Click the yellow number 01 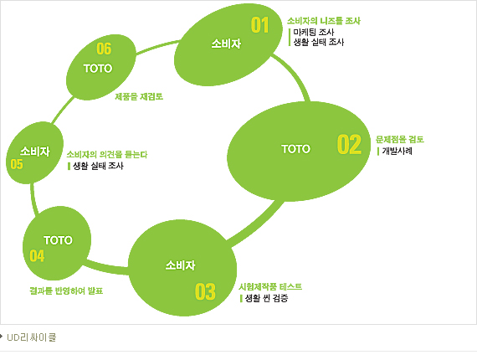click(259, 25)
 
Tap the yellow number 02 click(349, 144)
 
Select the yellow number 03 click(205, 291)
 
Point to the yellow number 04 click(37, 255)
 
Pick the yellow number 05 click(17, 164)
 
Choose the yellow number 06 click(104, 49)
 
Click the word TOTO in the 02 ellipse click(295, 149)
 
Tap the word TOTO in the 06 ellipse click(98, 68)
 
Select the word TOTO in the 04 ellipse click(58, 240)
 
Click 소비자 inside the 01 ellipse click(226, 44)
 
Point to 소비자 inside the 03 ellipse click(181, 265)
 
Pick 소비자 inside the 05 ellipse click(35, 152)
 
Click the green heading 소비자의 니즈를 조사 click(324, 21)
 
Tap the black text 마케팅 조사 click(314, 32)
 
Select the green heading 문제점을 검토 click(400, 139)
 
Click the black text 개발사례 click(397, 151)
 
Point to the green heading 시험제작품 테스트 click(270, 286)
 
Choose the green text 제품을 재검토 click(139, 96)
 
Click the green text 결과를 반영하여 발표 click(66, 291)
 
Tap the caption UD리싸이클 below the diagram click(32, 337)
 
